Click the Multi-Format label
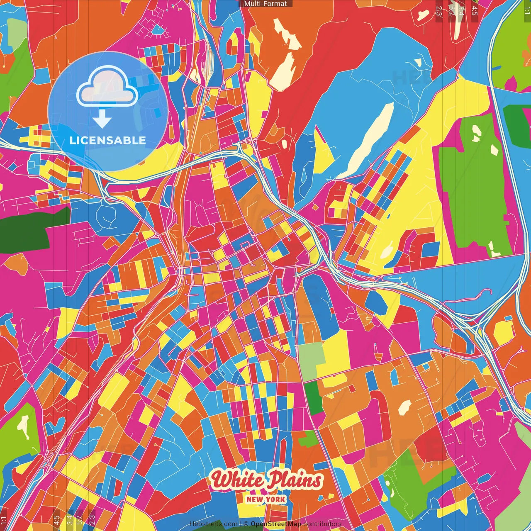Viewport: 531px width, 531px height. click(265, 4)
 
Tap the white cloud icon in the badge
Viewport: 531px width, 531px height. click(107, 88)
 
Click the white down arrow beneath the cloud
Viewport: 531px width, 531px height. click(102, 121)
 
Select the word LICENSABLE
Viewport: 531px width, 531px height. click(108, 140)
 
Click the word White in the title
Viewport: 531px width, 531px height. click(236, 480)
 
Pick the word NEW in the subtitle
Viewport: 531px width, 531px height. click(255, 499)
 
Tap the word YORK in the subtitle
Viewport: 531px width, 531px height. click(276, 499)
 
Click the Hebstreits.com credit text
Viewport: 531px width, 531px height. click(213, 524)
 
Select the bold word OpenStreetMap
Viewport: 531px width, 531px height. click(276, 524)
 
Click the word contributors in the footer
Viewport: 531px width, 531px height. click(322, 524)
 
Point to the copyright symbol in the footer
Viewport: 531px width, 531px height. click(246, 524)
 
